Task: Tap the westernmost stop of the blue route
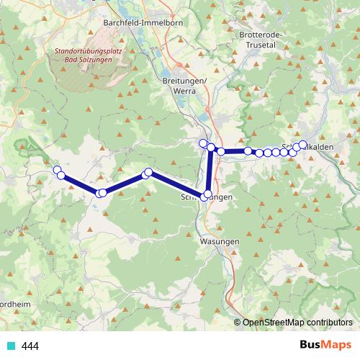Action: pos(57,169)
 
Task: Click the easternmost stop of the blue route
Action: pos(302,144)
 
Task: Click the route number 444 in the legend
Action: pos(30,346)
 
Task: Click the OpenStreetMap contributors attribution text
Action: pos(298,323)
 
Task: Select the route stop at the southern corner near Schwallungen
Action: pos(207,194)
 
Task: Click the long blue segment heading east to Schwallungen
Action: pos(177,184)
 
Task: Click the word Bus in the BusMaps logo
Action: pos(311,346)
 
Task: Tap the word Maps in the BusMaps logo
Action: pos(335,346)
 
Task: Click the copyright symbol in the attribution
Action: pos(238,323)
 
